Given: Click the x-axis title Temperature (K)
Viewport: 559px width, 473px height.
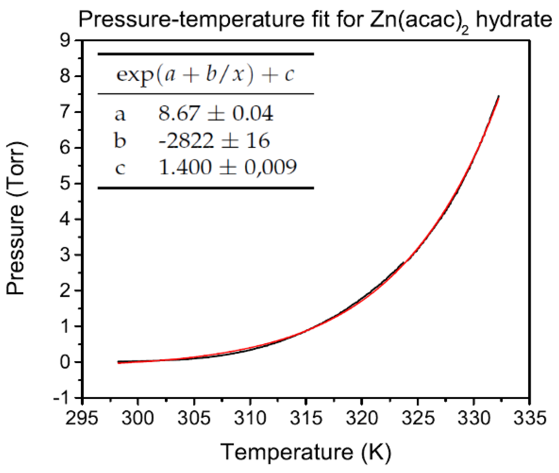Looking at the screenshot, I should coord(306,452).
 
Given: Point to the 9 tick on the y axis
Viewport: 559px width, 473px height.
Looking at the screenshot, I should coord(65,40).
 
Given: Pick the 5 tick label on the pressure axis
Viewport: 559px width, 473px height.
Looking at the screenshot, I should coord(65,183).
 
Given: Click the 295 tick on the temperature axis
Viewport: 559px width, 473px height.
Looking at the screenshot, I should coord(82,418).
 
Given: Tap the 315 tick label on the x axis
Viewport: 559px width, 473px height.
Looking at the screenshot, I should coord(306,418).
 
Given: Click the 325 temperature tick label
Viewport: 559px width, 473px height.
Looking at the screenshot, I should coord(418,418).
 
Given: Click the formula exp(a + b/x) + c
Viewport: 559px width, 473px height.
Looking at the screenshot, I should coord(205,74).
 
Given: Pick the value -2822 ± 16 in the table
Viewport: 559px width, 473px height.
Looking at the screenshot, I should coord(214,140).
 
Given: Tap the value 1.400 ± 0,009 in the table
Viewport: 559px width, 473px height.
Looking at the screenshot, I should coord(228,167).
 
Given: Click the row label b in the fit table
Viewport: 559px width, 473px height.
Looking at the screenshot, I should coord(120,140).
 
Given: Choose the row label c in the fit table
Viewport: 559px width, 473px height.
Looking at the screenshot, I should coord(120,168).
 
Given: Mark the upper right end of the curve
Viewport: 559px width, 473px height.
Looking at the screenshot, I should coord(498,97).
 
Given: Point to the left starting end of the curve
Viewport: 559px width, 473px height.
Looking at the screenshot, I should coord(119,362).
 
